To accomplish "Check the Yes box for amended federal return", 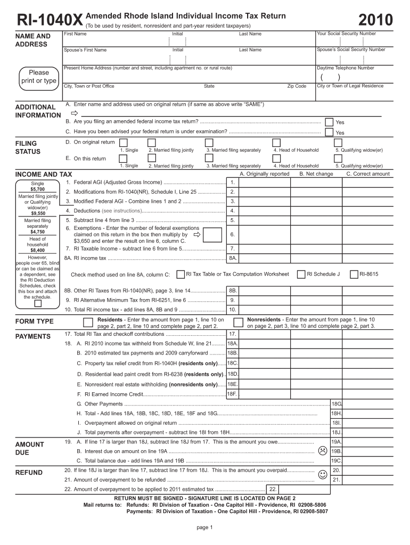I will [x=329, y=122].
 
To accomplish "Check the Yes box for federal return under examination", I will [x=329, y=132].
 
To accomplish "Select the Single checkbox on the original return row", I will [x=124, y=143].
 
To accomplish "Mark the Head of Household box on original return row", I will [x=276, y=143].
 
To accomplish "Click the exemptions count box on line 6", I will [x=212, y=235].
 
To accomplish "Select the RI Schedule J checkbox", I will [x=301, y=274].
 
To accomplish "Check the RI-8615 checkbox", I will [x=354, y=274].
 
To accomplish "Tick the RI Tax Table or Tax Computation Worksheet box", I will [x=180, y=274].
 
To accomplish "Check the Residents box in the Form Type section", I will [x=88, y=322].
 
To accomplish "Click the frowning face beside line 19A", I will [x=322, y=450].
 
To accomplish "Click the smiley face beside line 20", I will [x=322, y=474].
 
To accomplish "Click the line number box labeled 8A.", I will [x=233, y=258].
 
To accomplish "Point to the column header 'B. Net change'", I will [x=316, y=174].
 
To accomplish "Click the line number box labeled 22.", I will [x=272, y=489].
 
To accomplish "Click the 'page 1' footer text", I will [x=205, y=527].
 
